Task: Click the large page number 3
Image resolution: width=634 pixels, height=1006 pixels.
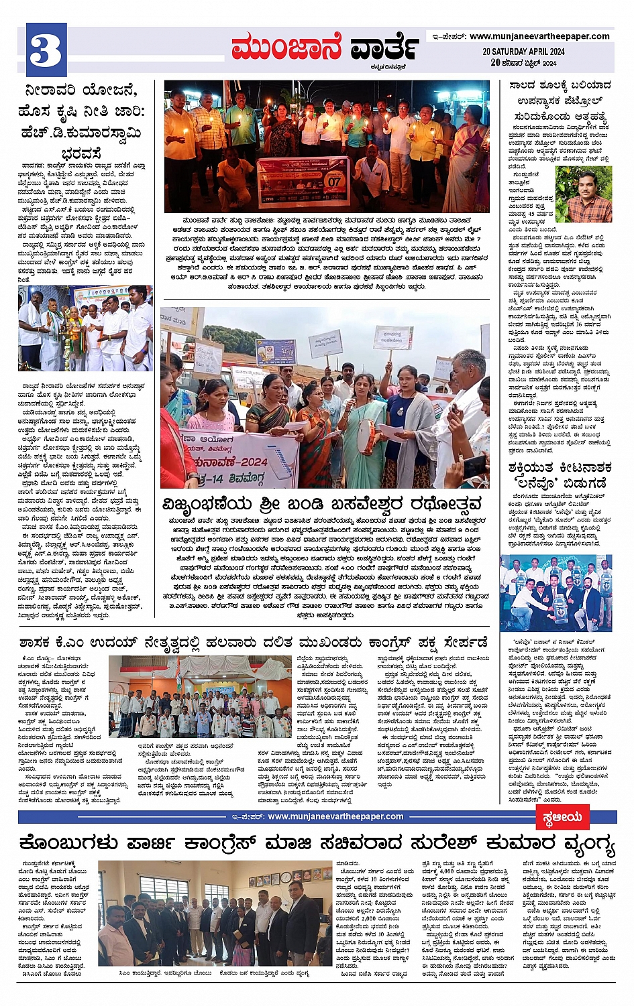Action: pos(46,50)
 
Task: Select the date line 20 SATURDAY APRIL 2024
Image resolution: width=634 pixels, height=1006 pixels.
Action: pos(523,52)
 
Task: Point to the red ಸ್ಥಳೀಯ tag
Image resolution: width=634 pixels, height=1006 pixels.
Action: pos(562,817)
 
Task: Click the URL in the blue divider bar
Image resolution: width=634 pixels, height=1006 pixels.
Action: pos(335,816)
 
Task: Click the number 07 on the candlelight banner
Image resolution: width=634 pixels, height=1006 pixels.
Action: pos(333,181)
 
